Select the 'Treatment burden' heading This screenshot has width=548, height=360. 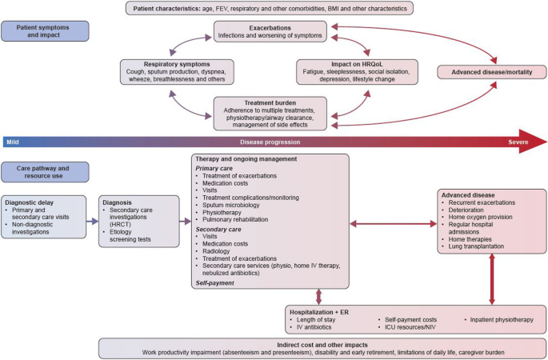click(x=270, y=102)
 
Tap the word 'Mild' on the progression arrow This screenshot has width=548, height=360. click(x=12, y=141)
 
